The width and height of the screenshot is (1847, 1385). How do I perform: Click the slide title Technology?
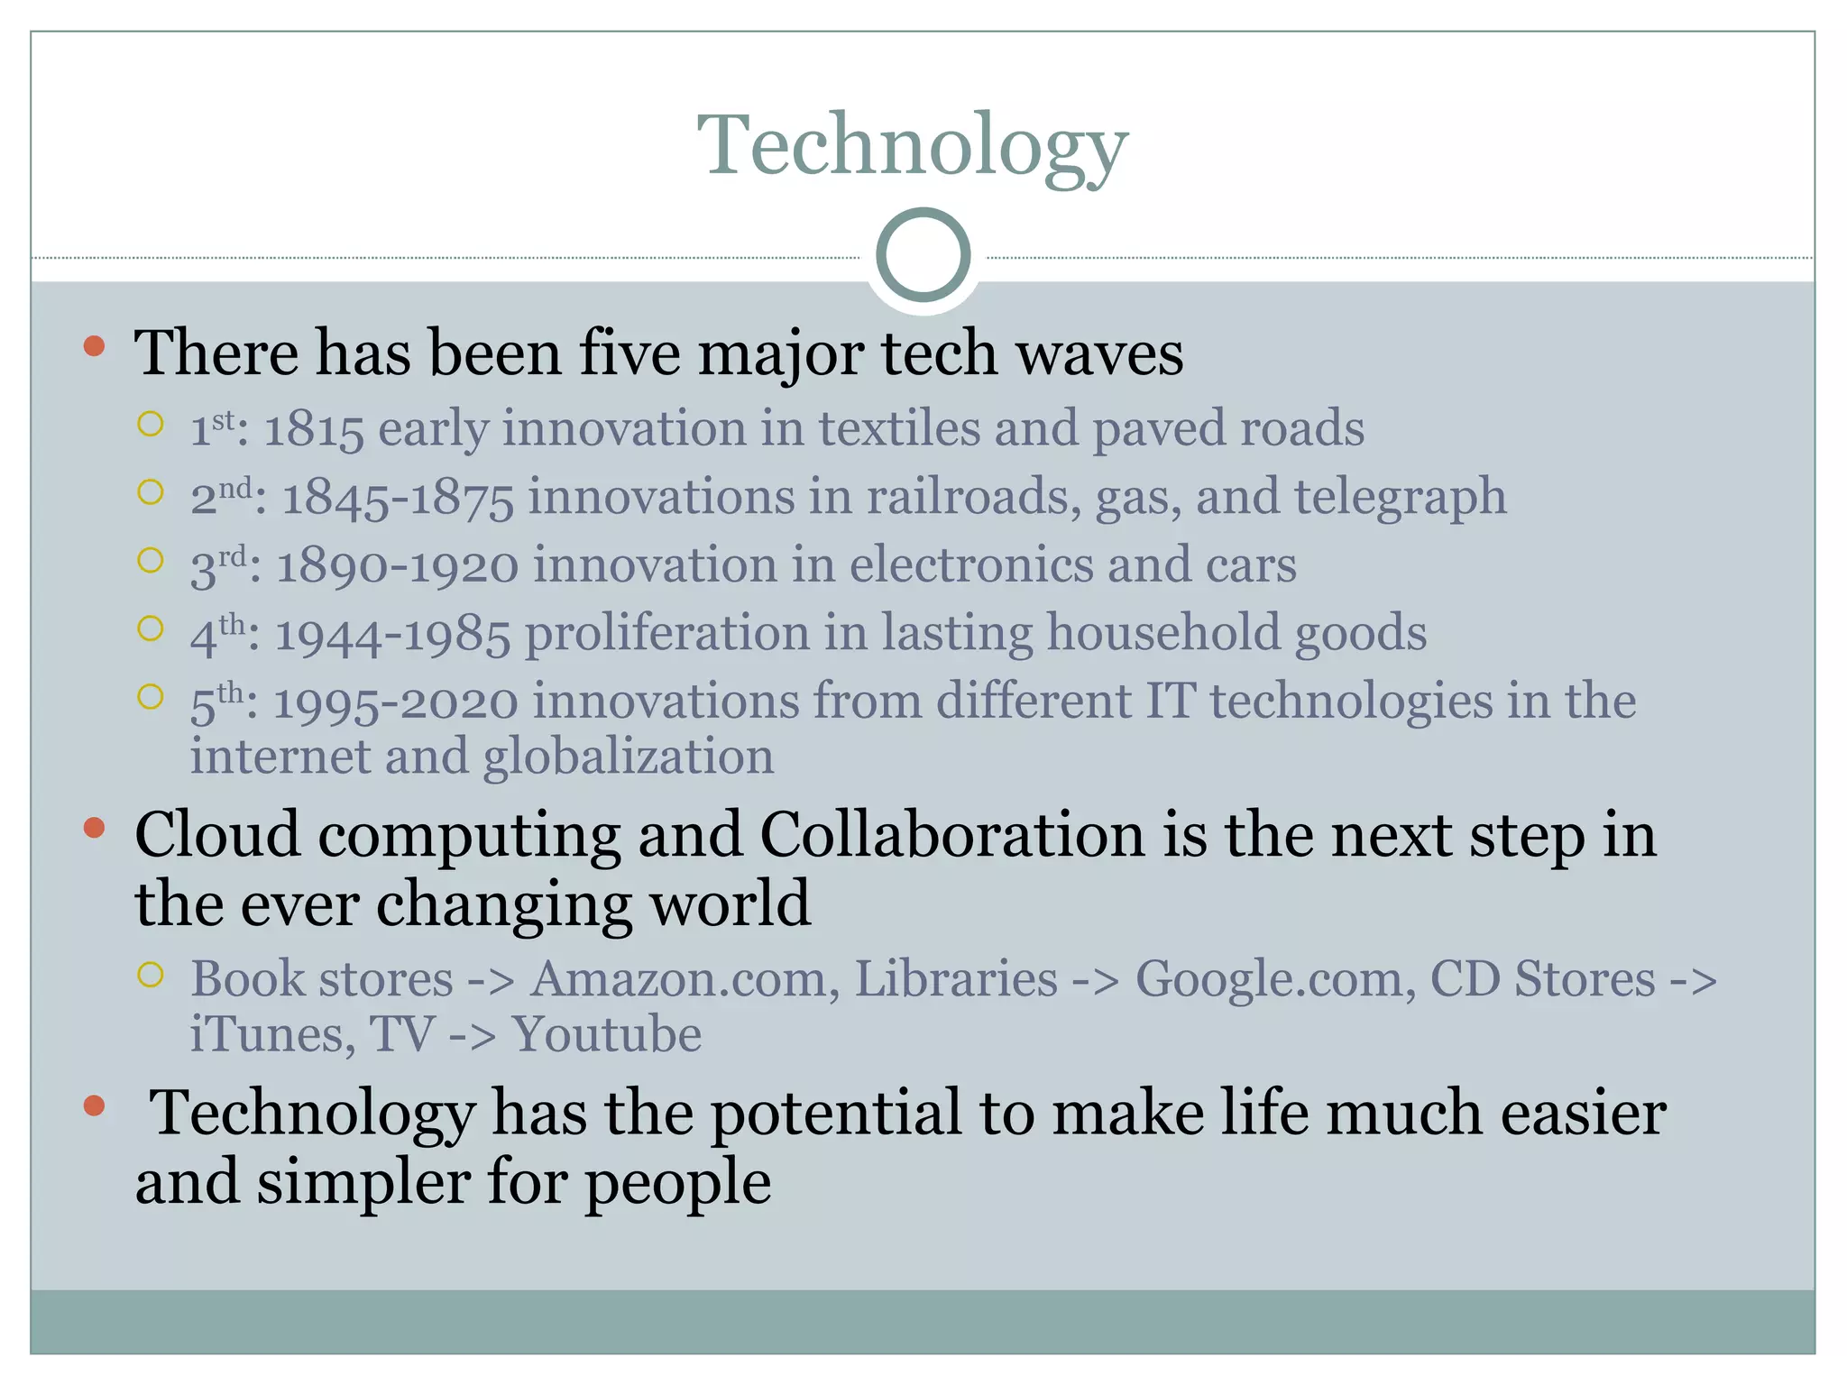click(x=912, y=146)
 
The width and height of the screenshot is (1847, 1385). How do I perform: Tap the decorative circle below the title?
click(x=923, y=255)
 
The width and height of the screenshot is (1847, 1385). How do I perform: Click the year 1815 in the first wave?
click(x=314, y=428)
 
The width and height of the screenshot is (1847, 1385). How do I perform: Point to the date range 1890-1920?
click(x=397, y=566)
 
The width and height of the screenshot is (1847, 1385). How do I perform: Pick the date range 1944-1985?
click(x=392, y=634)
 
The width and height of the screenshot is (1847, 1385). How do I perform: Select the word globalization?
click(x=628, y=757)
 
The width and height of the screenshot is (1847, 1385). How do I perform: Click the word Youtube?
click(x=606, y=1034)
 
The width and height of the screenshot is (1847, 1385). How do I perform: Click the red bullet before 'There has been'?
click(x=94, y=346)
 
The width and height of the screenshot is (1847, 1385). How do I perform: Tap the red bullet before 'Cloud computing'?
click(x=94, y=828)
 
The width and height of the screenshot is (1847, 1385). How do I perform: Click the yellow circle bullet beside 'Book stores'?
click(x=151, y=975)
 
